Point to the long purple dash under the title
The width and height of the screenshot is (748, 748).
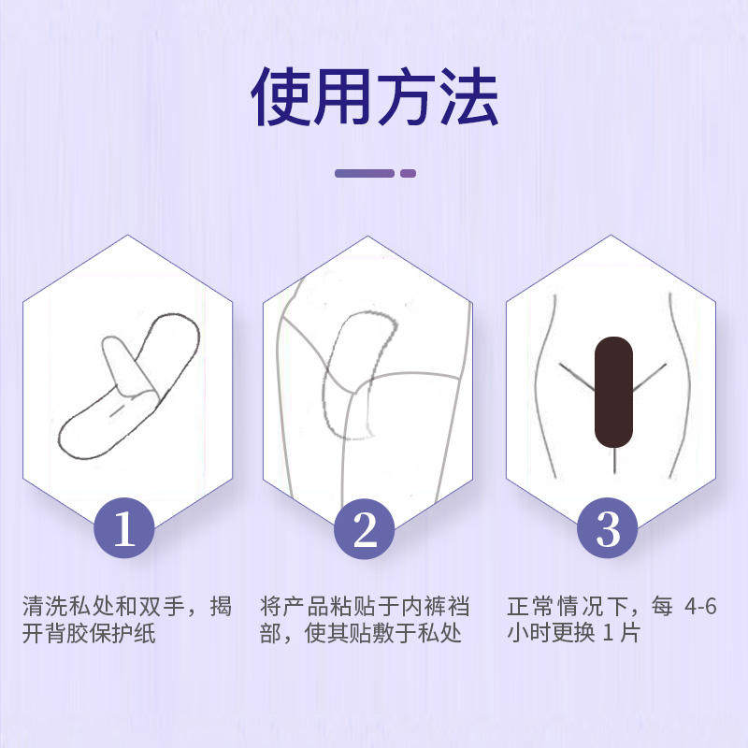(x=365, y=173)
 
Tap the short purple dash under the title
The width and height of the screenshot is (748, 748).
(x=408, y=173)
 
